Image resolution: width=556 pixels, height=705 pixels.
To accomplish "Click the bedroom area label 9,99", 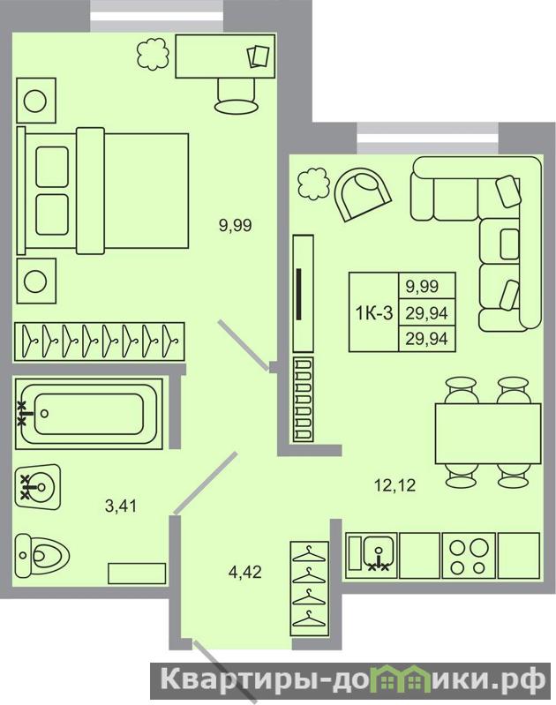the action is [x=236, y=225].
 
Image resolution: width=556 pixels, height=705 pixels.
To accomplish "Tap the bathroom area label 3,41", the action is [x=121, y=506].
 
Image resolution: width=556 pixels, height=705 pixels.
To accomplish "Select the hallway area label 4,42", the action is [x=245, y=572].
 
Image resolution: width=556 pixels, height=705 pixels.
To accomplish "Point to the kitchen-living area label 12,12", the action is [x=395, y=485].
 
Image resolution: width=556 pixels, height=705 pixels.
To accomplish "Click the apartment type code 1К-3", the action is [x=374, y=312].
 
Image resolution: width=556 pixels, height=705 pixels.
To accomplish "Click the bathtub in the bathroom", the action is [x=89, y=414].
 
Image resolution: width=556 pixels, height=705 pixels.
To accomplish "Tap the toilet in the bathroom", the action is [x=41, y=556].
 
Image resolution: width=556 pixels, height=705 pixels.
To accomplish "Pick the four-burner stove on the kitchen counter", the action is [x=469, y=556].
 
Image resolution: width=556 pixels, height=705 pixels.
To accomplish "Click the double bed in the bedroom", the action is [x=102, y=191].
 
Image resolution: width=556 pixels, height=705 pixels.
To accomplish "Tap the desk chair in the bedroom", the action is [x=237, y=96].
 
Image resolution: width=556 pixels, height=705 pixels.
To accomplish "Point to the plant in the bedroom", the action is [x=153, y=55].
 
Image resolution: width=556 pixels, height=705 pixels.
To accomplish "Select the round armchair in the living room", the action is [x=362, y=195].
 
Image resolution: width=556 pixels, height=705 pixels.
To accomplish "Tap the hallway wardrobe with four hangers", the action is [x=309, y=589].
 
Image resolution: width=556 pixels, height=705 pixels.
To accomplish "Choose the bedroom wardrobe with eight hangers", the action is [x=100, y=341].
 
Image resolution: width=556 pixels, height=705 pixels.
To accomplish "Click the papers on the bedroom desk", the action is [x=259, y=56].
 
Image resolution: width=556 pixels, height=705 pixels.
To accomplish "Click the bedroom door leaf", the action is [x=244, y=345].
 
